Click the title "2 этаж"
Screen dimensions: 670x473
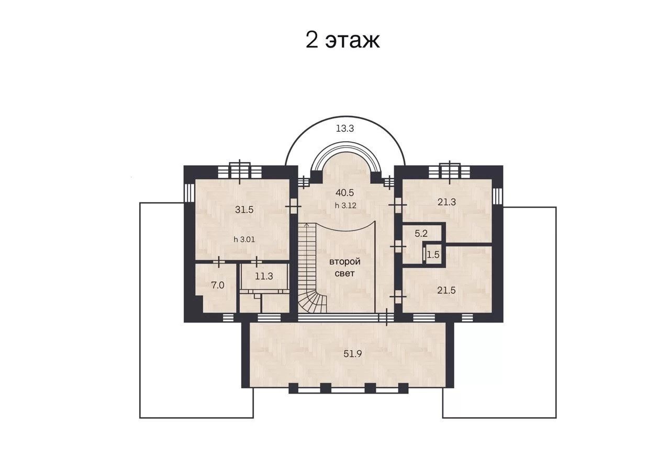pyautogui.click(x=342, y=40)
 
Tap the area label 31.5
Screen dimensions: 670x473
pyautogui.click(x=244, y=210)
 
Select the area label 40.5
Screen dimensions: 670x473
pyautogui.click(x=344, y=193)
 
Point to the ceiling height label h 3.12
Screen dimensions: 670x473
pyautogui.click(x=345, y=205)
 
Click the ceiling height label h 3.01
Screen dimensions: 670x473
pyautogui.click(x=244, y=239)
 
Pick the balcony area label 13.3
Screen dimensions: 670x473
pyautogui.click(x=345, y=129)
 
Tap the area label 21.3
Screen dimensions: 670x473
pyautogui.click(x=446, y=202)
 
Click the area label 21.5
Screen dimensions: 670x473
pyautogui.click(x=446, y=290)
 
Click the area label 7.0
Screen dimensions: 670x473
pyautogui.click(x=218, y=285)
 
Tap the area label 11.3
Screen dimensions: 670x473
pyautogui.click(x=264, y=276)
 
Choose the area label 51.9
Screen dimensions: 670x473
pyautogui.click(x=353, y=354)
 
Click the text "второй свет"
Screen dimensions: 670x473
pyautogui.click(x=345, y=268)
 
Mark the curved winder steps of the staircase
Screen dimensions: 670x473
pyautogui.click(x=312, y=302)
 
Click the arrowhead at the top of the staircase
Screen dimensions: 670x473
pyautogui.click(x=307, y=224)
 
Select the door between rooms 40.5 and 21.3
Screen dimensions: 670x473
pyautogui.click(x=398, y=205)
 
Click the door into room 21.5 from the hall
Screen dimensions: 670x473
pyautogui.click(x=398, y=296)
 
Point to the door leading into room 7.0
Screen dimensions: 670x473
pyautogui.click(x=219, y=262)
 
